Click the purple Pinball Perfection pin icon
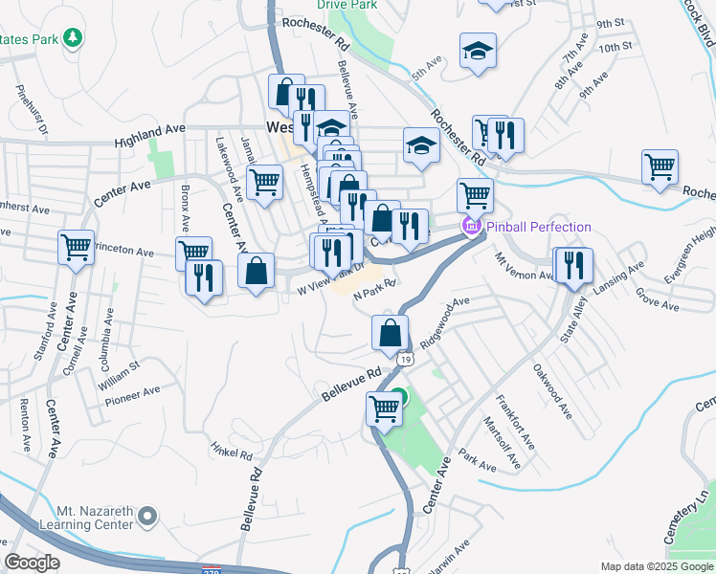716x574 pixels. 470,227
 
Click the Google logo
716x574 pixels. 32,563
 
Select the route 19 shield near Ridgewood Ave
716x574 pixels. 407,359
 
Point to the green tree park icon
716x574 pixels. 73,38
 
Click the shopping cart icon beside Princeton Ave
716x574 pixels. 76,248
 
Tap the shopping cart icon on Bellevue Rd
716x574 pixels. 384,408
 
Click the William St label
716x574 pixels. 117,368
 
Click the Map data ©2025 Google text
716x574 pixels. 656,566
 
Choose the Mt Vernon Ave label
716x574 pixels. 523,268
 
